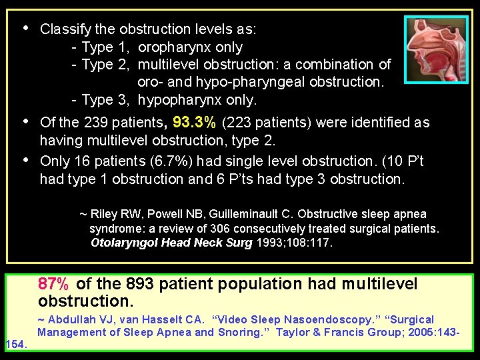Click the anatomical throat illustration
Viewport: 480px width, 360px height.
tap(436, 49)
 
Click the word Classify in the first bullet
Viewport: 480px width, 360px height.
tap(64, 30)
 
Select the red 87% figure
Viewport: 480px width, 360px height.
tap(53, 284)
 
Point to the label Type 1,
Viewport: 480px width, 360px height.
tap(107, 47)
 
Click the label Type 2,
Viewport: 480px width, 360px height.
tap(107, 65)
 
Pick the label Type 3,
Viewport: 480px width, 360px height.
tap(107, 101)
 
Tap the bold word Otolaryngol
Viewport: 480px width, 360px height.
tap(123, 243)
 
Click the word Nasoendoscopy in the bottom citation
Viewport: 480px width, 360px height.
tap(293, 319)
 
